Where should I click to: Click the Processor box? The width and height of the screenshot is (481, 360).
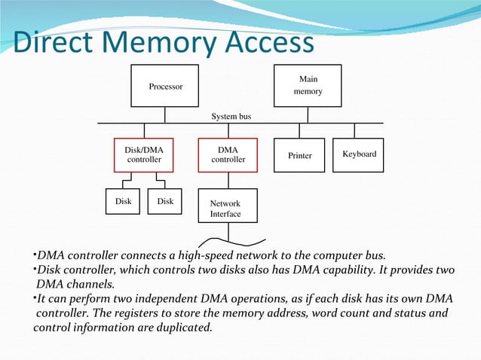(x=165, y=87)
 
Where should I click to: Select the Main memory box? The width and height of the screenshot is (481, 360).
(x=308, y=85)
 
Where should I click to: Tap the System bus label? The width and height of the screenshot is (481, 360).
(x=231, y=117)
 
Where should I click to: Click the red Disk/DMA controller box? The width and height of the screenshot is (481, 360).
(x=143, y=155)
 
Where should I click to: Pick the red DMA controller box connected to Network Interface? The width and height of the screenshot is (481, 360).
(x=228, y=155)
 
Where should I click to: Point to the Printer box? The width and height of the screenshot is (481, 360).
(x=299, y=155)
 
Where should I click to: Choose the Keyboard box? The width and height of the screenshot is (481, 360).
(x=359, y=154)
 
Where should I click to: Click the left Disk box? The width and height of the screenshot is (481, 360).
(x=122, y=202)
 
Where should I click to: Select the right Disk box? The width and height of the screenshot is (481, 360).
(x=165, y=202)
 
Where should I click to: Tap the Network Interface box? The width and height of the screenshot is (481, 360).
(x=226, y=209)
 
